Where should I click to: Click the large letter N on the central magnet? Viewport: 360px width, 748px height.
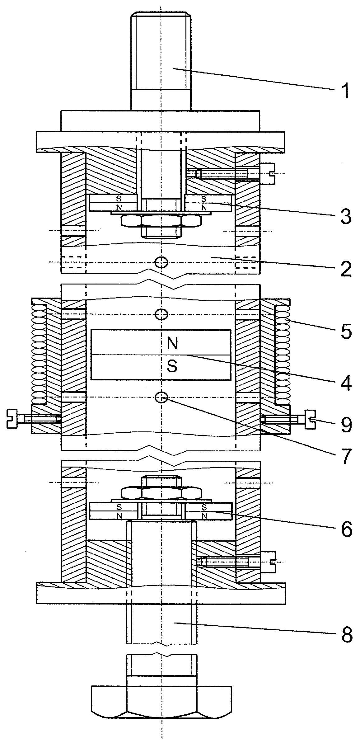pos(172,343)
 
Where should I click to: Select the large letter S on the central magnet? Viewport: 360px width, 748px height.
pos(172,366)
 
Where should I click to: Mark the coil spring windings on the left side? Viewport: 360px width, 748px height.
pos(39,354)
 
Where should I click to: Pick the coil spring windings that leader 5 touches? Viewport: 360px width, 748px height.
pos(283,354)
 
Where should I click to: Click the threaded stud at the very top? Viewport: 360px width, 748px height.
pos(161,61)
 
